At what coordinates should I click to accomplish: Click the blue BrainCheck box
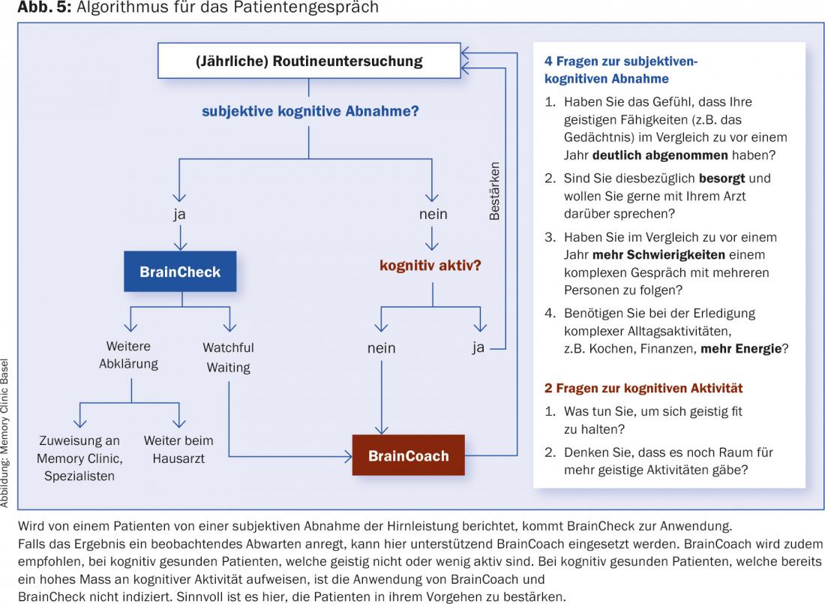coord(180,271)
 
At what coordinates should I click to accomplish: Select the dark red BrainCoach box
coord(409,455)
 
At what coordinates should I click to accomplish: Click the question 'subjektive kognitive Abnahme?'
coord(310,111)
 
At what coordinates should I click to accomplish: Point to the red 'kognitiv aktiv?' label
coord(430,266)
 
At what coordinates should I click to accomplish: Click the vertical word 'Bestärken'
coord(494,191)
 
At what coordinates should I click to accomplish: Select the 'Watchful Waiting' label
coord(229,357)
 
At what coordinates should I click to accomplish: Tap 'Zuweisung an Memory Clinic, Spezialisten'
coord(79,458)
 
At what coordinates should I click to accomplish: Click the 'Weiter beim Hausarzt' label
coord(178,449)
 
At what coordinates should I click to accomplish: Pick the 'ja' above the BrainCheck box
coord(178,214)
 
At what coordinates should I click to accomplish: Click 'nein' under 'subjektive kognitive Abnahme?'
coord(433,214)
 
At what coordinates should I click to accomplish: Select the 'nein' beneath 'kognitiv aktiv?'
coord(381,348)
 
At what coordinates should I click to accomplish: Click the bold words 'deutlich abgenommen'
coord(660,156)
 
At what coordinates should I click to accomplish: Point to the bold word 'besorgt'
coord(724,179)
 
